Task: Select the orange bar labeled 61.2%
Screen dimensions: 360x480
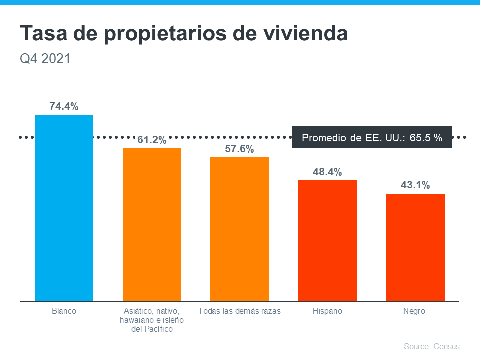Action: tap(152, 225)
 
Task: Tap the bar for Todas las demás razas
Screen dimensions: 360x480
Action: tap(239, 229)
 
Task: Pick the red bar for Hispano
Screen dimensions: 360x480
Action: tap(327, 241)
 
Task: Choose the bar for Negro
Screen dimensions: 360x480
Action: tap(415, 247)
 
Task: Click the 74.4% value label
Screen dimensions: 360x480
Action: tap(64, 106)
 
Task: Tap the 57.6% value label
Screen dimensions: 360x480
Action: tap(239, 149)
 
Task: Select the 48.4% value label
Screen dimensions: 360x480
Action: tap(327, 172)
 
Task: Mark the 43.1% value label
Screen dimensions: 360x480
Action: tap(415, 185)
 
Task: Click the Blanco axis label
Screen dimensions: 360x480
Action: tap(64, 311)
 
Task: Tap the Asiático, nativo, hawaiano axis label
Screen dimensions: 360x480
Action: tap(152, 320)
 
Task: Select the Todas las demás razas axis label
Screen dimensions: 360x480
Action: tap(239, 311)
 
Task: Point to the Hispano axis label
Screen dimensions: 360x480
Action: tap(327, 311)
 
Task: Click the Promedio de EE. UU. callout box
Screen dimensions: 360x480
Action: tap(372, 137)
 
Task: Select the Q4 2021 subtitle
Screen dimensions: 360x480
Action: tap(45, 59)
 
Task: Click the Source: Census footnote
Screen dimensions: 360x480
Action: tap(431, 346)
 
